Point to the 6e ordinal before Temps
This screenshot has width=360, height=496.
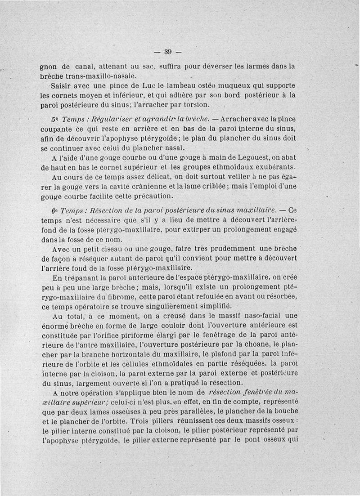55,210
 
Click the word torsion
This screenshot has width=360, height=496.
196,105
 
